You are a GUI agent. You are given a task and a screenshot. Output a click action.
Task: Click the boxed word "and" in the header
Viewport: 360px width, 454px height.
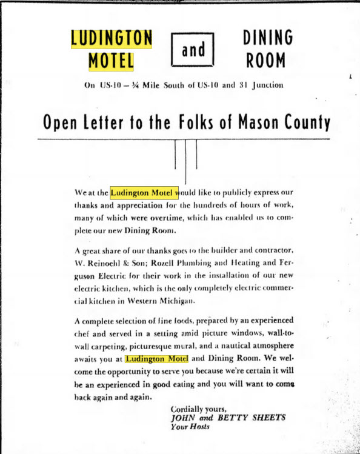(193, 49)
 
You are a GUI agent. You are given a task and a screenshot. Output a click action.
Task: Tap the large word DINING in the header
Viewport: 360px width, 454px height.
(268, 38)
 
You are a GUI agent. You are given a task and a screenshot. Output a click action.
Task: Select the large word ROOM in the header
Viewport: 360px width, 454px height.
(268, 61)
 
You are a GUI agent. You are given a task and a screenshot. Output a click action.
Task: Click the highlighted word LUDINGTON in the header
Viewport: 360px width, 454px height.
(112, 38)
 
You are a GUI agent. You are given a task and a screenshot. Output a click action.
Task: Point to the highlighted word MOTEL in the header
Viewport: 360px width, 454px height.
(112, 61)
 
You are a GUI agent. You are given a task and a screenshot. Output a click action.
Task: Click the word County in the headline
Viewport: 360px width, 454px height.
(304, 123)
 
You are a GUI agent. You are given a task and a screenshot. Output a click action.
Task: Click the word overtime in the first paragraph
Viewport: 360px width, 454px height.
(165, 219)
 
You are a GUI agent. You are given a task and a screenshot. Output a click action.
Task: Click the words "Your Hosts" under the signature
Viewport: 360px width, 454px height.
(190, 427)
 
